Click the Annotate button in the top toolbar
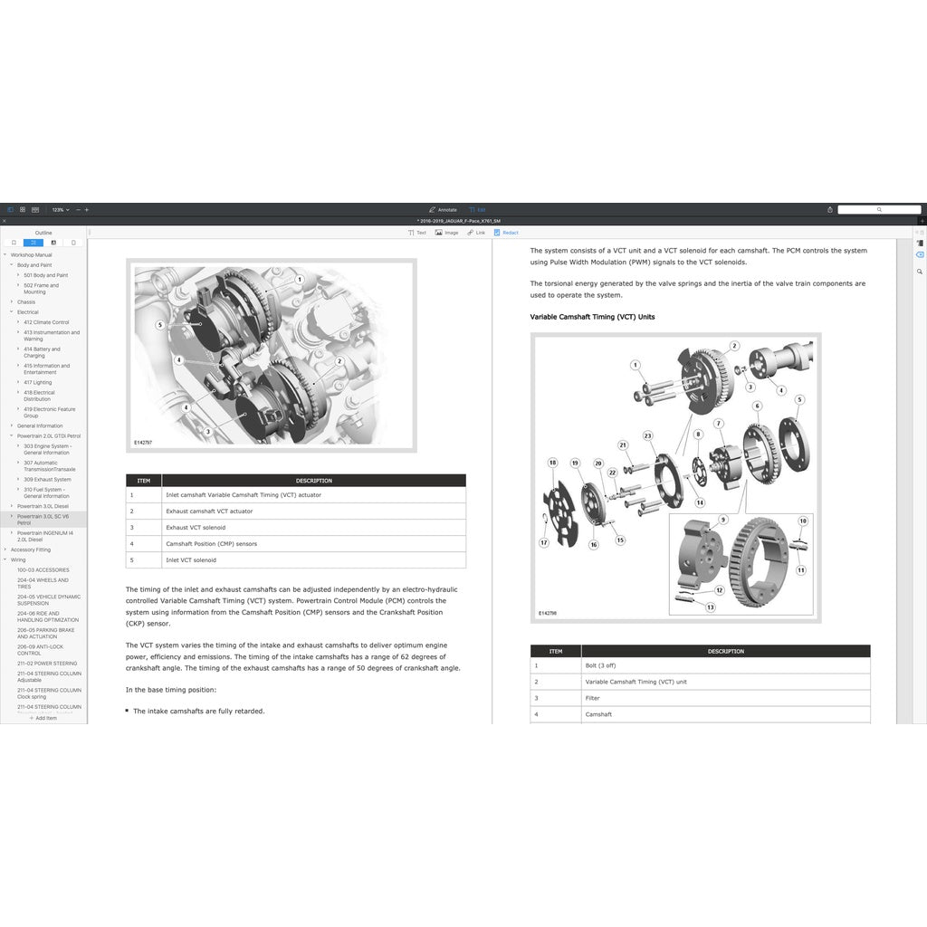click(443, 209)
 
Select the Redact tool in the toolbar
click(506, 233)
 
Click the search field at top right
click(878, 209)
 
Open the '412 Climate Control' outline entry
click(46, 322)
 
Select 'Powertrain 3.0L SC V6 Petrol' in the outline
click(43, 519)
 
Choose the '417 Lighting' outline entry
click(38, 382)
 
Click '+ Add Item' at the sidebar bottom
click(43, 718)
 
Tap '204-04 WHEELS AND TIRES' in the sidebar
click(43, 583)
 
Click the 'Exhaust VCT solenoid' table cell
click(196, 528)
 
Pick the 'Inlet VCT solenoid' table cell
click(191, 560)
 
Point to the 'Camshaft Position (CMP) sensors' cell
click(211, 544)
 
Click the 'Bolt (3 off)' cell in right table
click(600, 665)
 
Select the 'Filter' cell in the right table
click(592, 698)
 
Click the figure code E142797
click(143, 443)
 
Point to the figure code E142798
click(548, 613)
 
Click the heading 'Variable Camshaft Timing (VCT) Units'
click(592, 317)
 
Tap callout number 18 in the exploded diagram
click(552, 463)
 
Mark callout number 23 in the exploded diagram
click(648, 436)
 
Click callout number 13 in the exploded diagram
click(711, 607)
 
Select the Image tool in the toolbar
click(446, 233)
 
